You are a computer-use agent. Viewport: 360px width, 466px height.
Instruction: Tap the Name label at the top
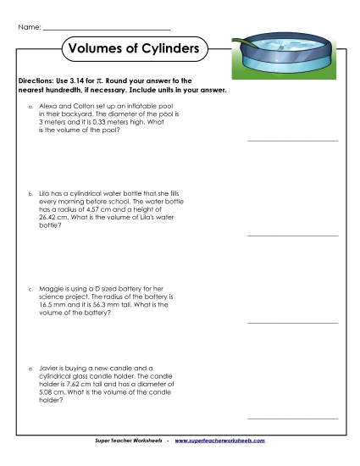tap(28, 28)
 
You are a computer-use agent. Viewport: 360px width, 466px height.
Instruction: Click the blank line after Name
tap(106, 31)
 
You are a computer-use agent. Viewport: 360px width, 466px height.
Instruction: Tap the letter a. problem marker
tap(31, 106)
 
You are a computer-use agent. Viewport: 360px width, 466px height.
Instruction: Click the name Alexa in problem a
tap(49, 106)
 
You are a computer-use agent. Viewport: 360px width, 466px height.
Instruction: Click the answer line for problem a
tap(291, 140)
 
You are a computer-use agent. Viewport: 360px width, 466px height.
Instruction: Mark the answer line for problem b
tap(291, 235)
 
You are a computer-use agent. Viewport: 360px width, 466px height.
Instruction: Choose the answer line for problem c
tap(291, 323)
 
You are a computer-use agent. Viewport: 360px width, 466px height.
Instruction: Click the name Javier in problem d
tap(51, 369)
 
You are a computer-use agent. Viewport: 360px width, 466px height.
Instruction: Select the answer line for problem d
tap(291, 418)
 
